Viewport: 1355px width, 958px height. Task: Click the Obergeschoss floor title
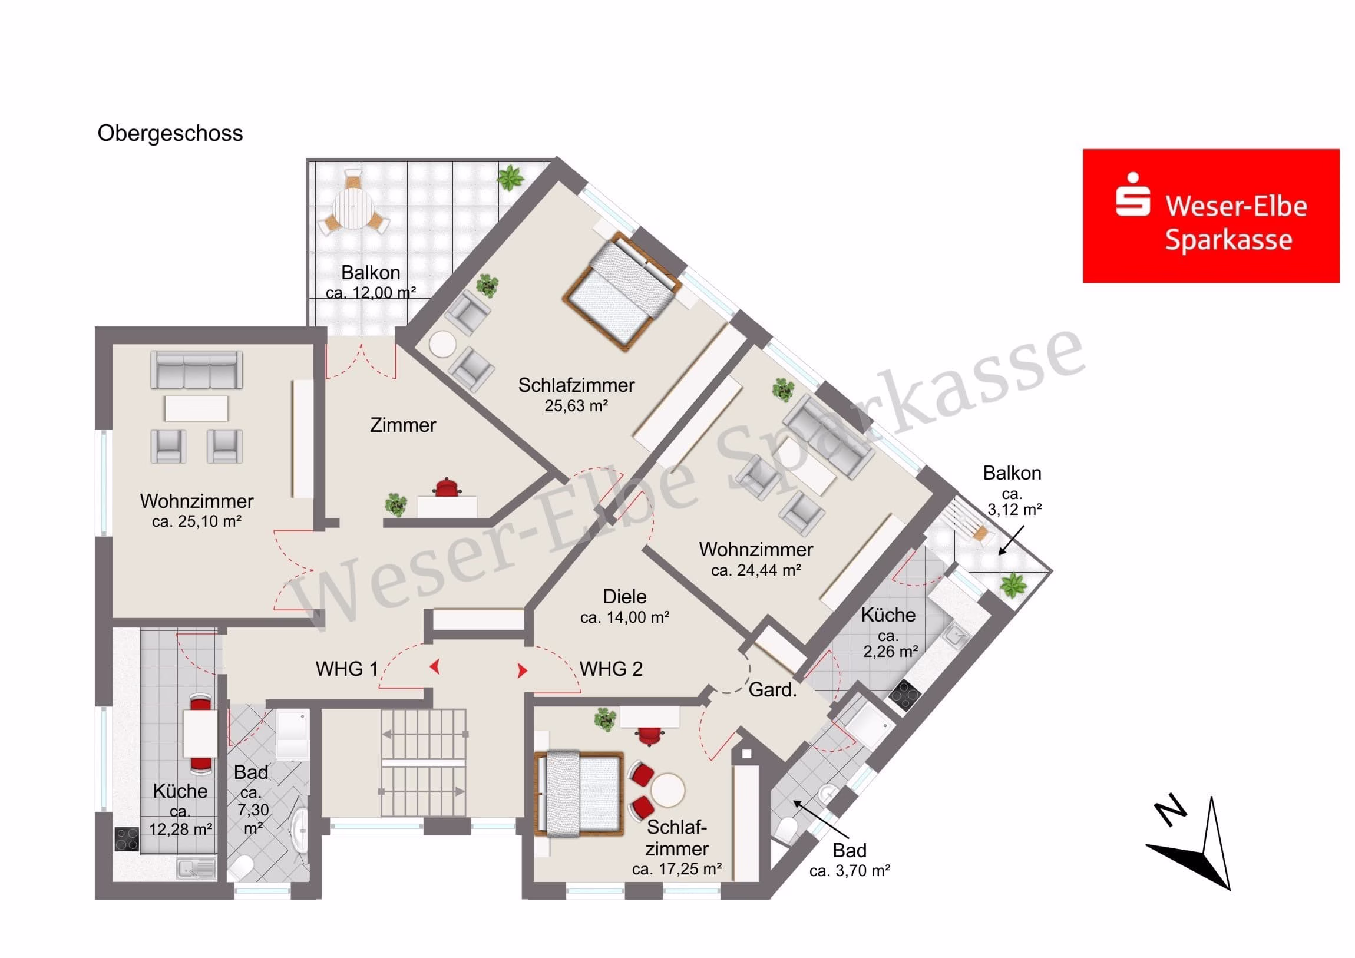click(170, 134)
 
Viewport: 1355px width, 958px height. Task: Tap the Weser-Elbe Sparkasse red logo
click(1211, 216)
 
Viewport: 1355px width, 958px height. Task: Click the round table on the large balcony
click(353, 209)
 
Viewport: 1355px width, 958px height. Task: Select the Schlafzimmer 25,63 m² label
click(576, 394)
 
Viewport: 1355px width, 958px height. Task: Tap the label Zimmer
click(403, 425)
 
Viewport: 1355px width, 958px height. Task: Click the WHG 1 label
click(346, 669)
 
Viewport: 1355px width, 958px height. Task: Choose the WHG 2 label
click(611, 669)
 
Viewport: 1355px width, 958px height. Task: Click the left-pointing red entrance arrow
click(435, 667)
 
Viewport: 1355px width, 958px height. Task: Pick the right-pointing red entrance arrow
click(523, 670)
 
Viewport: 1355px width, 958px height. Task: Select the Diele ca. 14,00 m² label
click(624, 606)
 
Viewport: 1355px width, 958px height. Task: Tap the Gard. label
click(772, 689)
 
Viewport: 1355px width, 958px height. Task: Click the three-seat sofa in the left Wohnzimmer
click(197, 370)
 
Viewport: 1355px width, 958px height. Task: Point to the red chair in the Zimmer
click(447, 488)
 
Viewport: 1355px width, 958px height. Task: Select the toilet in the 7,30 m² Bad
click(242, 868)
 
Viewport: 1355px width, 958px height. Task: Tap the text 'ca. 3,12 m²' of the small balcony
click(1014, 502)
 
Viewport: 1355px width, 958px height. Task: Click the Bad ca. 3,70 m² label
click(850, 860)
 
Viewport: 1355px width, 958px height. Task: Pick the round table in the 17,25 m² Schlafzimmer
click(667, 789)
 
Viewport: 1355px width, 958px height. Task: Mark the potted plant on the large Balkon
click(511, 177)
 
